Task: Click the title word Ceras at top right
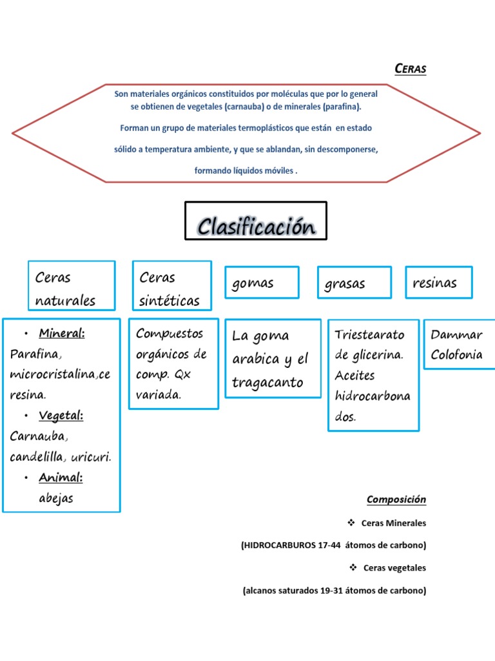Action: click(410, 69)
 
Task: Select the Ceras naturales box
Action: click(71, 285)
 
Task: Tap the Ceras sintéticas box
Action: click(171, 285)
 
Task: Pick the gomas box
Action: click(261, 283)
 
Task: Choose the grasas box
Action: click(354, 283)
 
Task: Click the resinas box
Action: click(438, 282)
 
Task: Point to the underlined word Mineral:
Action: click(62, 334)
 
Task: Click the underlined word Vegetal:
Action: click(61, 416)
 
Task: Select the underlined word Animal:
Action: click(61, 478)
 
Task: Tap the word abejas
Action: click(56, 498)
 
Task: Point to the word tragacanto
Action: click(267, 383)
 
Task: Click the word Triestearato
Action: click(369, 334)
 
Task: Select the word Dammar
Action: click(456, 334)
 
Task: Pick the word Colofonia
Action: click(456, 355)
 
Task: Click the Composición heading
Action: click(396, 500)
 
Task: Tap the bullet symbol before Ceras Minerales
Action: click(351, 522)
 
